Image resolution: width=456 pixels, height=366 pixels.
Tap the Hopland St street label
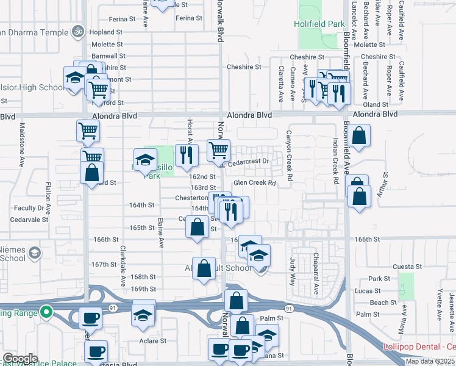[x=106, y=32]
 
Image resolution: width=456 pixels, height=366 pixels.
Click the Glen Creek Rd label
[x=255, y=182]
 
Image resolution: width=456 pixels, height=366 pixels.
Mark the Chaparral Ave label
[x=316, y=273]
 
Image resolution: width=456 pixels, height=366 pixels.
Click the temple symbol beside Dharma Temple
[x=77, y=30]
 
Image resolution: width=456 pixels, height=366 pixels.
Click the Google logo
[x=20, y=359]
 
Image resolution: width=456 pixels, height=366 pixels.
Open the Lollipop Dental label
[x=419, y=347]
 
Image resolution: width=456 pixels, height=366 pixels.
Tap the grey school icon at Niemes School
[x=35, y=252]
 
